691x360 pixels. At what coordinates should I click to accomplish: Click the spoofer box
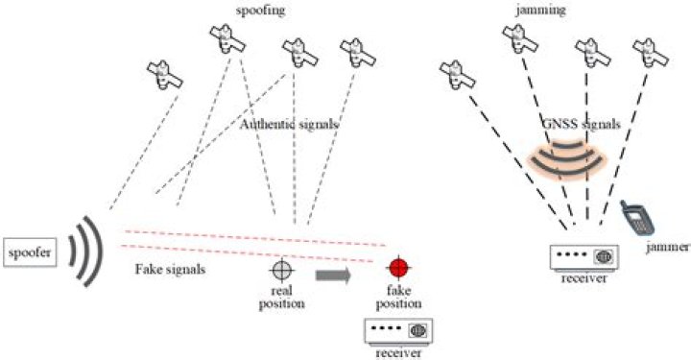[30, 252]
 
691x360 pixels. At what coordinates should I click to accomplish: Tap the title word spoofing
[260, 11]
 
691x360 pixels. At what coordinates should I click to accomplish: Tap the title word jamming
[540, 11]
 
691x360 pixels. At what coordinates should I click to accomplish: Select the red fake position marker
[399, 267]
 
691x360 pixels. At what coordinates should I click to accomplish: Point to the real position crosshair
[282, 270]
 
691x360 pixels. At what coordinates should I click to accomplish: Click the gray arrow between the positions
[333, 276]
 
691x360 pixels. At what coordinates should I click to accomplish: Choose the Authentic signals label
[289, 124]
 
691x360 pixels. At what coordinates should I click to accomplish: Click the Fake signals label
[170, 269]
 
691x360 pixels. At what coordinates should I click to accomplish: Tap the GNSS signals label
[582, 124]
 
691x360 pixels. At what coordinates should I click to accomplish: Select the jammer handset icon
[637, 218]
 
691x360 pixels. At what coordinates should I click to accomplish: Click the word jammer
[668, 248]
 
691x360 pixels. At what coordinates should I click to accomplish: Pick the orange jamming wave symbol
[567, 156]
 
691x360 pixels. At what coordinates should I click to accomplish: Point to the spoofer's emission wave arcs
[86, 252]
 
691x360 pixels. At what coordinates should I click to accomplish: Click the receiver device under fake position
[398, 331]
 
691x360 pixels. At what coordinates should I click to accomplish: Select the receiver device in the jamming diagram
[584, 257]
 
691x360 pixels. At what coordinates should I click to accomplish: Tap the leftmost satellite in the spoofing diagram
[165, 75]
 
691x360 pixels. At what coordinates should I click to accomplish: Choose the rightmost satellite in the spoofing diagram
[358, 54]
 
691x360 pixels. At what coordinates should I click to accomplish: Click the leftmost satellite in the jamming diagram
[458, 75]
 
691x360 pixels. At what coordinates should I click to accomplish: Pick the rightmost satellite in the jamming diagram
[651, 54]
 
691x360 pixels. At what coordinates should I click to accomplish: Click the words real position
[281, 298]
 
